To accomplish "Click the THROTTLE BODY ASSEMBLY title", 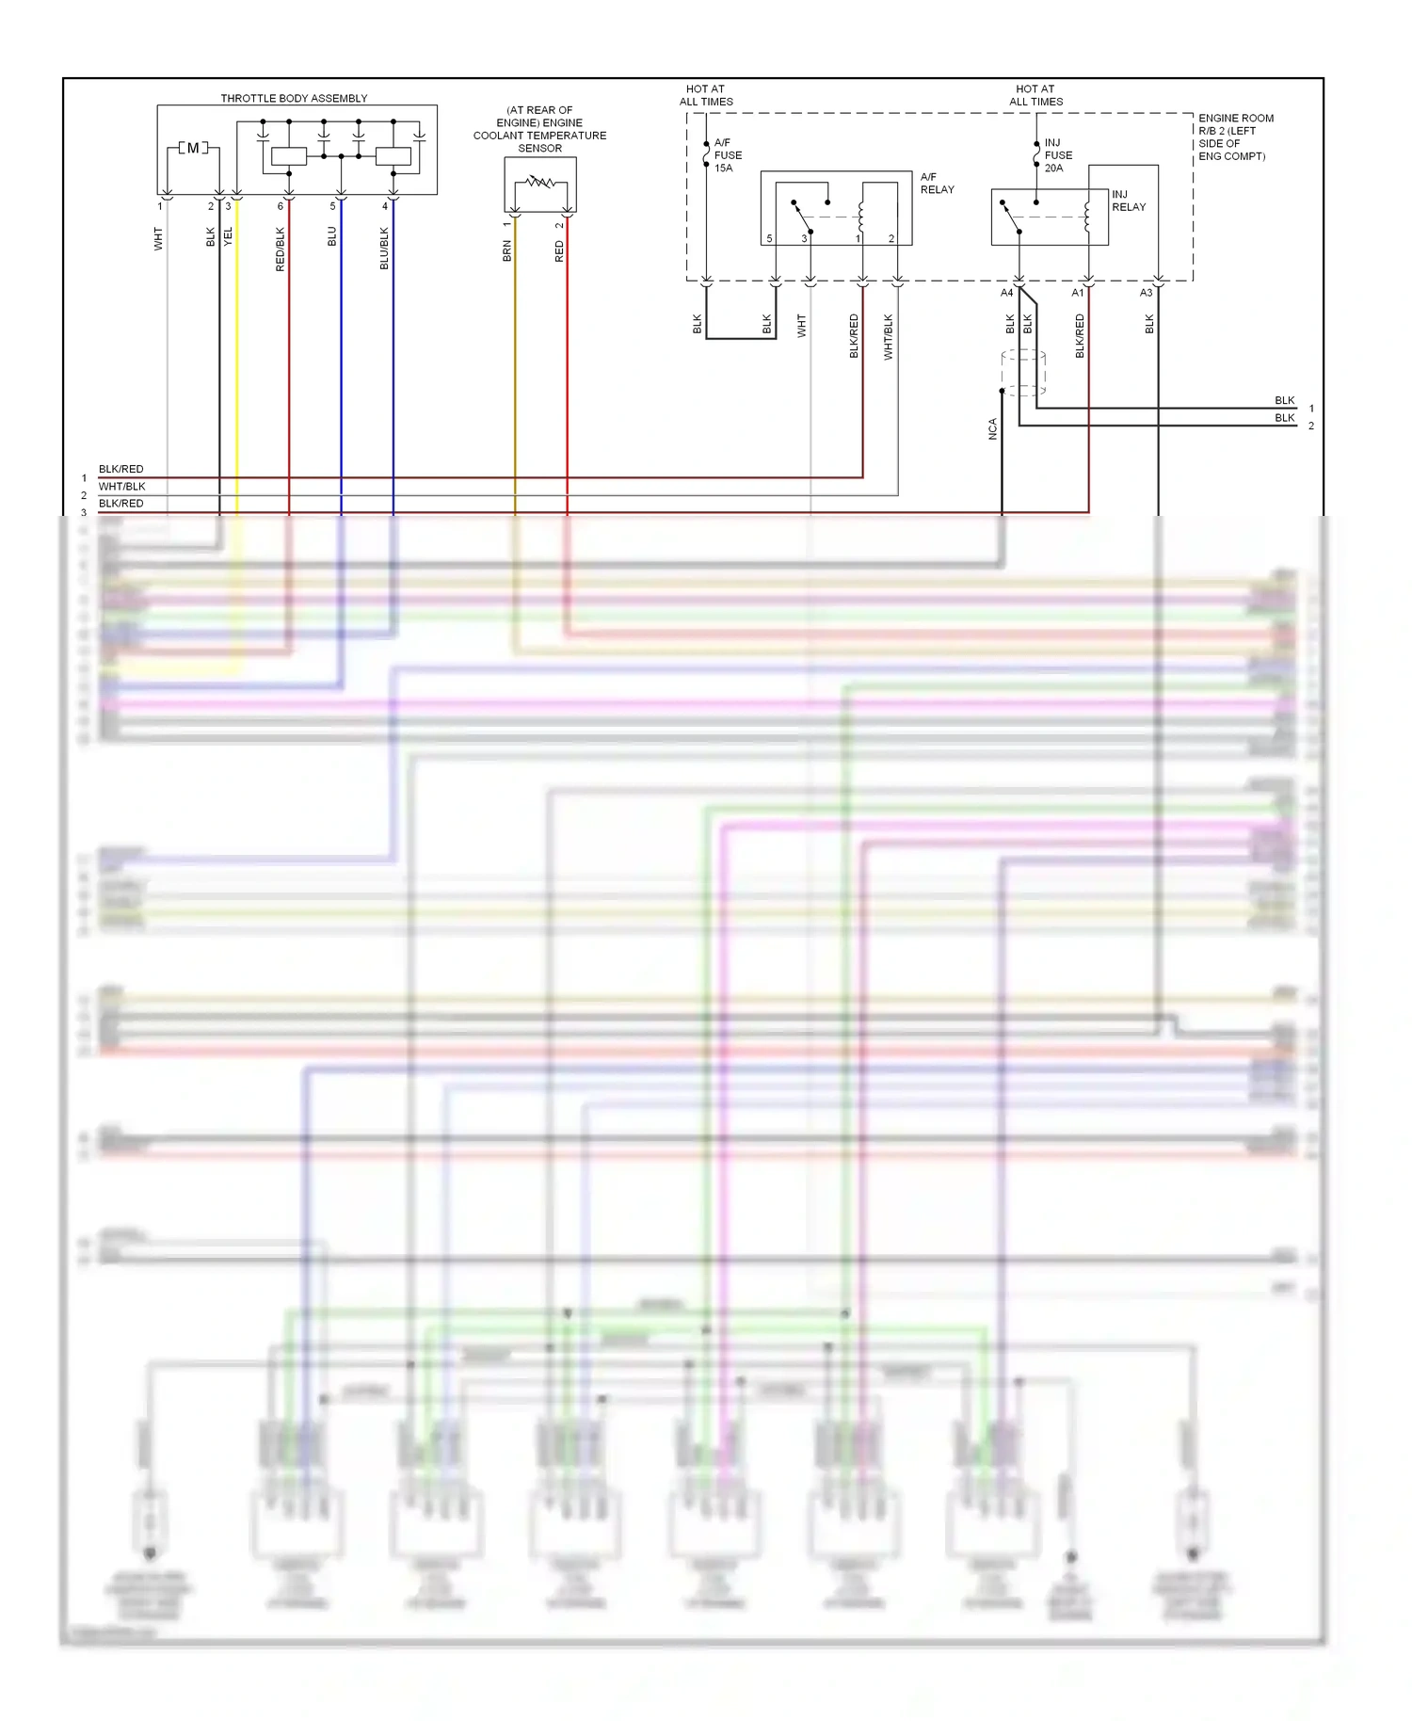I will click(294, 98).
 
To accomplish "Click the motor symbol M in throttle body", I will click(193, 148).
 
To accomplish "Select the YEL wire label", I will click(228, 237).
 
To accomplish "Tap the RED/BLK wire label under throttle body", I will click(280, 249).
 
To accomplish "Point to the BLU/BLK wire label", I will click(384, 249).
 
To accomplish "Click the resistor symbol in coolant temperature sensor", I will click(540, 182).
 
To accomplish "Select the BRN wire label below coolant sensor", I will click(507, 250).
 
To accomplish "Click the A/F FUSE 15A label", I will click(728, 155).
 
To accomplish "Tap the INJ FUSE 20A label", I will click(1058, 155).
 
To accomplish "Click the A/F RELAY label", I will click(937, 183).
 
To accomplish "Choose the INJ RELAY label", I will click(1129, 201).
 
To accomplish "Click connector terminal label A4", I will click(1006, 293).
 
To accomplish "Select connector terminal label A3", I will click(1146, 293).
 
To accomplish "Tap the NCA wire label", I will click(992, 429).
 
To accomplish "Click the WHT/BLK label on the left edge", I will click(122, 487).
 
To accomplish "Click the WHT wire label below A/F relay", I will click(801, 326).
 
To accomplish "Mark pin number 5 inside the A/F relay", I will click(769, 238).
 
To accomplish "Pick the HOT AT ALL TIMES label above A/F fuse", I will click(706, 95).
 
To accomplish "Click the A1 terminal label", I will click(1077, 293).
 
